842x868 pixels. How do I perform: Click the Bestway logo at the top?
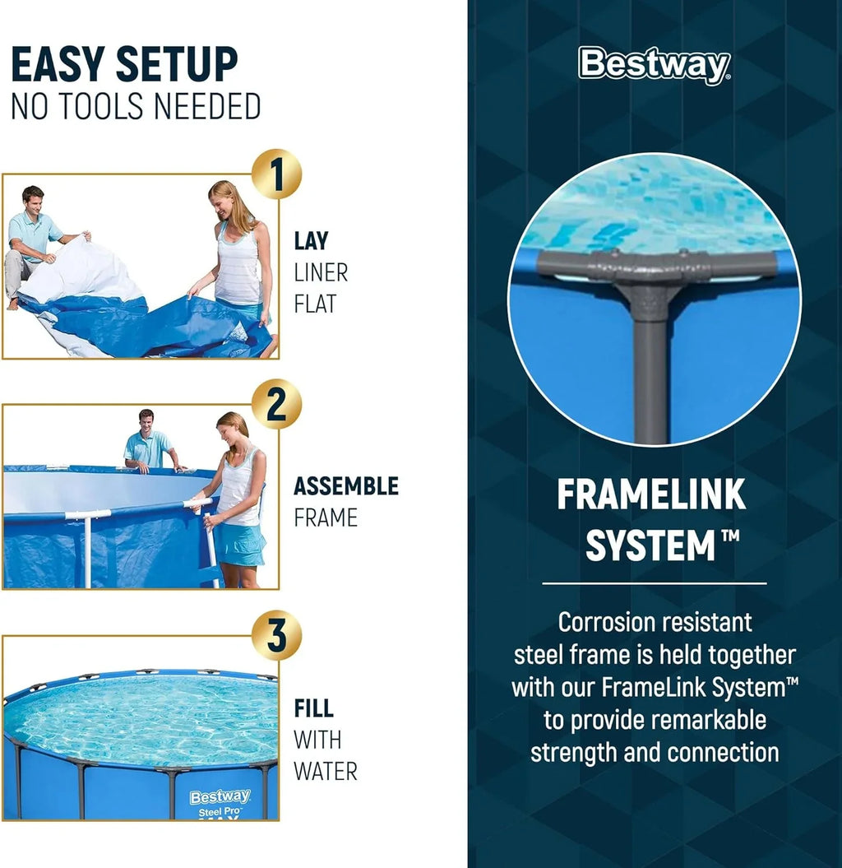click(x=654, y=65)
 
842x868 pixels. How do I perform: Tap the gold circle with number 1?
click(x=276, y=174)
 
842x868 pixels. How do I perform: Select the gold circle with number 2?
click(x=276, y=404)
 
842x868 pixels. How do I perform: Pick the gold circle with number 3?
click(x=276, y=635)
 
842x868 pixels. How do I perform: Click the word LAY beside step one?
click(x=311, y=241)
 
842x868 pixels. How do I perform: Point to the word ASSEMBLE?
click(x=345, y=486)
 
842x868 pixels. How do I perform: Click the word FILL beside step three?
click(x=313, y=708)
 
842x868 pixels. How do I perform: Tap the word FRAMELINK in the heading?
click(x=651, y=495)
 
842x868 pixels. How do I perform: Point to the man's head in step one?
click(x=33, y=197)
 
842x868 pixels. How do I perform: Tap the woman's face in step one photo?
click(x=221, y=197)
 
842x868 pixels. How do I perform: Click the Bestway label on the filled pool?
click(x=220, y=796)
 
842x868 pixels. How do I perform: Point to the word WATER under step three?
click(x=326, y=772)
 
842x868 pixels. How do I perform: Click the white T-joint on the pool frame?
click(x=87, y=516)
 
